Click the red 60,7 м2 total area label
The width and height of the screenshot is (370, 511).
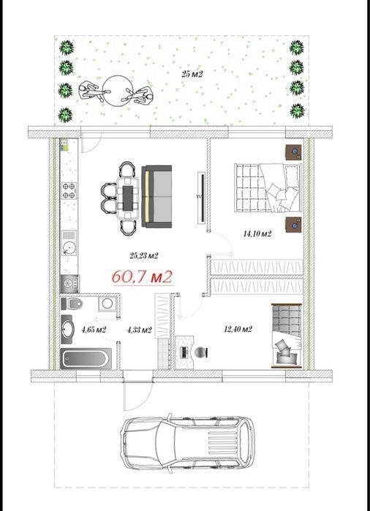142,277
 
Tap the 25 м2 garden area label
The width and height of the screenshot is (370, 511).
192,75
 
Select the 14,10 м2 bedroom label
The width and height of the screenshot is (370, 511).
257,234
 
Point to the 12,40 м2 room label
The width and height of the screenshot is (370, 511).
238,329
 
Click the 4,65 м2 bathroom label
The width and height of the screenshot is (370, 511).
94,330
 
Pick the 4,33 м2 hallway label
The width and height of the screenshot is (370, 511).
139,330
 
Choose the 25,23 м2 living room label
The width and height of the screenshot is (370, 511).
144,256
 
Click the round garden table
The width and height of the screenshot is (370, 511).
116,91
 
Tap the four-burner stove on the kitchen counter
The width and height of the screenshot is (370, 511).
69,191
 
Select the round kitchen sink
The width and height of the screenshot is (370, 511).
69,249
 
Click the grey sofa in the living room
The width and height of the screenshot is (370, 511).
156,197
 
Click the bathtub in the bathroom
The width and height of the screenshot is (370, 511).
86,358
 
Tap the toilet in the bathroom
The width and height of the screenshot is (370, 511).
72,304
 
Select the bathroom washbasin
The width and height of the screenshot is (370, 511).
68,329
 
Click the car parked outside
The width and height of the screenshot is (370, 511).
187,442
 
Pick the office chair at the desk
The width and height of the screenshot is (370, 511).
201,352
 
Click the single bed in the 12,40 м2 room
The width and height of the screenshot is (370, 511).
287,336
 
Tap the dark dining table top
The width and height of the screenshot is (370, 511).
128,198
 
